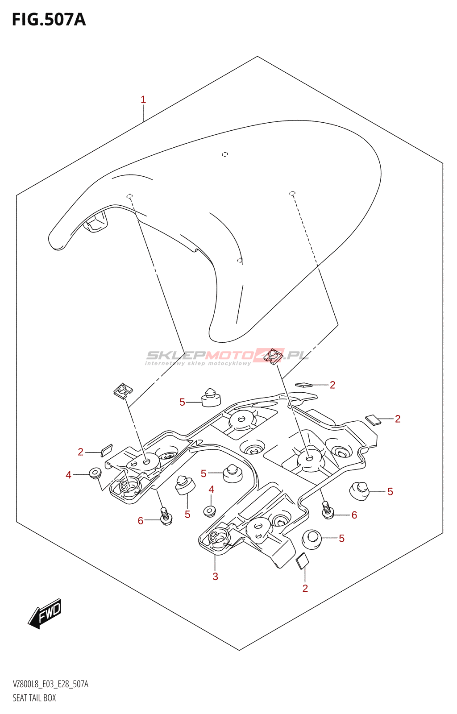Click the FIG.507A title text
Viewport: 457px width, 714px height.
tap(49, 20)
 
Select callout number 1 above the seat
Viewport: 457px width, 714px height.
tap(143, 100)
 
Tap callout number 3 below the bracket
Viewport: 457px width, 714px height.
tap(215, 577)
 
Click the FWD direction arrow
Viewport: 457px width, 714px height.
tap(45, 614)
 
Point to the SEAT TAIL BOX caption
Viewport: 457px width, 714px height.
tap(34, 698)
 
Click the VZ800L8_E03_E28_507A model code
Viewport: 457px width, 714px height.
tap(50, 684)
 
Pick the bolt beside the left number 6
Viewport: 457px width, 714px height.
tap(166, 516)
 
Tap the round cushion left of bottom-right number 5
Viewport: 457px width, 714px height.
tap(312, 539)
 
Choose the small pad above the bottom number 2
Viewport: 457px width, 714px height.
tap(302, 561)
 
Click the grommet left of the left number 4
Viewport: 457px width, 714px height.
tap(95, 473)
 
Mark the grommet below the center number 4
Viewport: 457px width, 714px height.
tap(210, 511)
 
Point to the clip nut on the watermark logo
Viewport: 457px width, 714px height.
tap(273, 357)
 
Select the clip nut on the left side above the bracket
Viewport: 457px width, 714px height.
tap(123, 391)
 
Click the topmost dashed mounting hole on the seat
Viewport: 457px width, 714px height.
tap(225, 154)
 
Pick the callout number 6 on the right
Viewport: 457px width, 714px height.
tap(354, 515)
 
